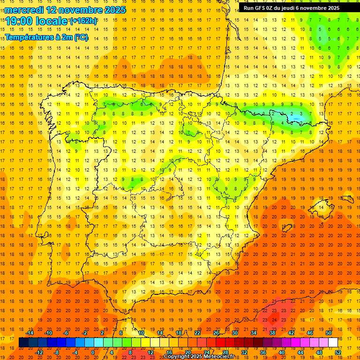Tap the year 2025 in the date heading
tap(112, 10)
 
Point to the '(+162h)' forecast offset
tap(83, 21)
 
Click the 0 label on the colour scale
tap(93, 352)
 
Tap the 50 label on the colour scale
tap(329, 333)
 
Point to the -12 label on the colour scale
tap(39, 352)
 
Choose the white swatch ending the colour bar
tap(333, 343)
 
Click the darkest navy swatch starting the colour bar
tap(23, 343)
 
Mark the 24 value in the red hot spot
tap(274, 319)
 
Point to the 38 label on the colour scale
tap(272, 333)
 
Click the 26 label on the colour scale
tap(216, 333)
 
